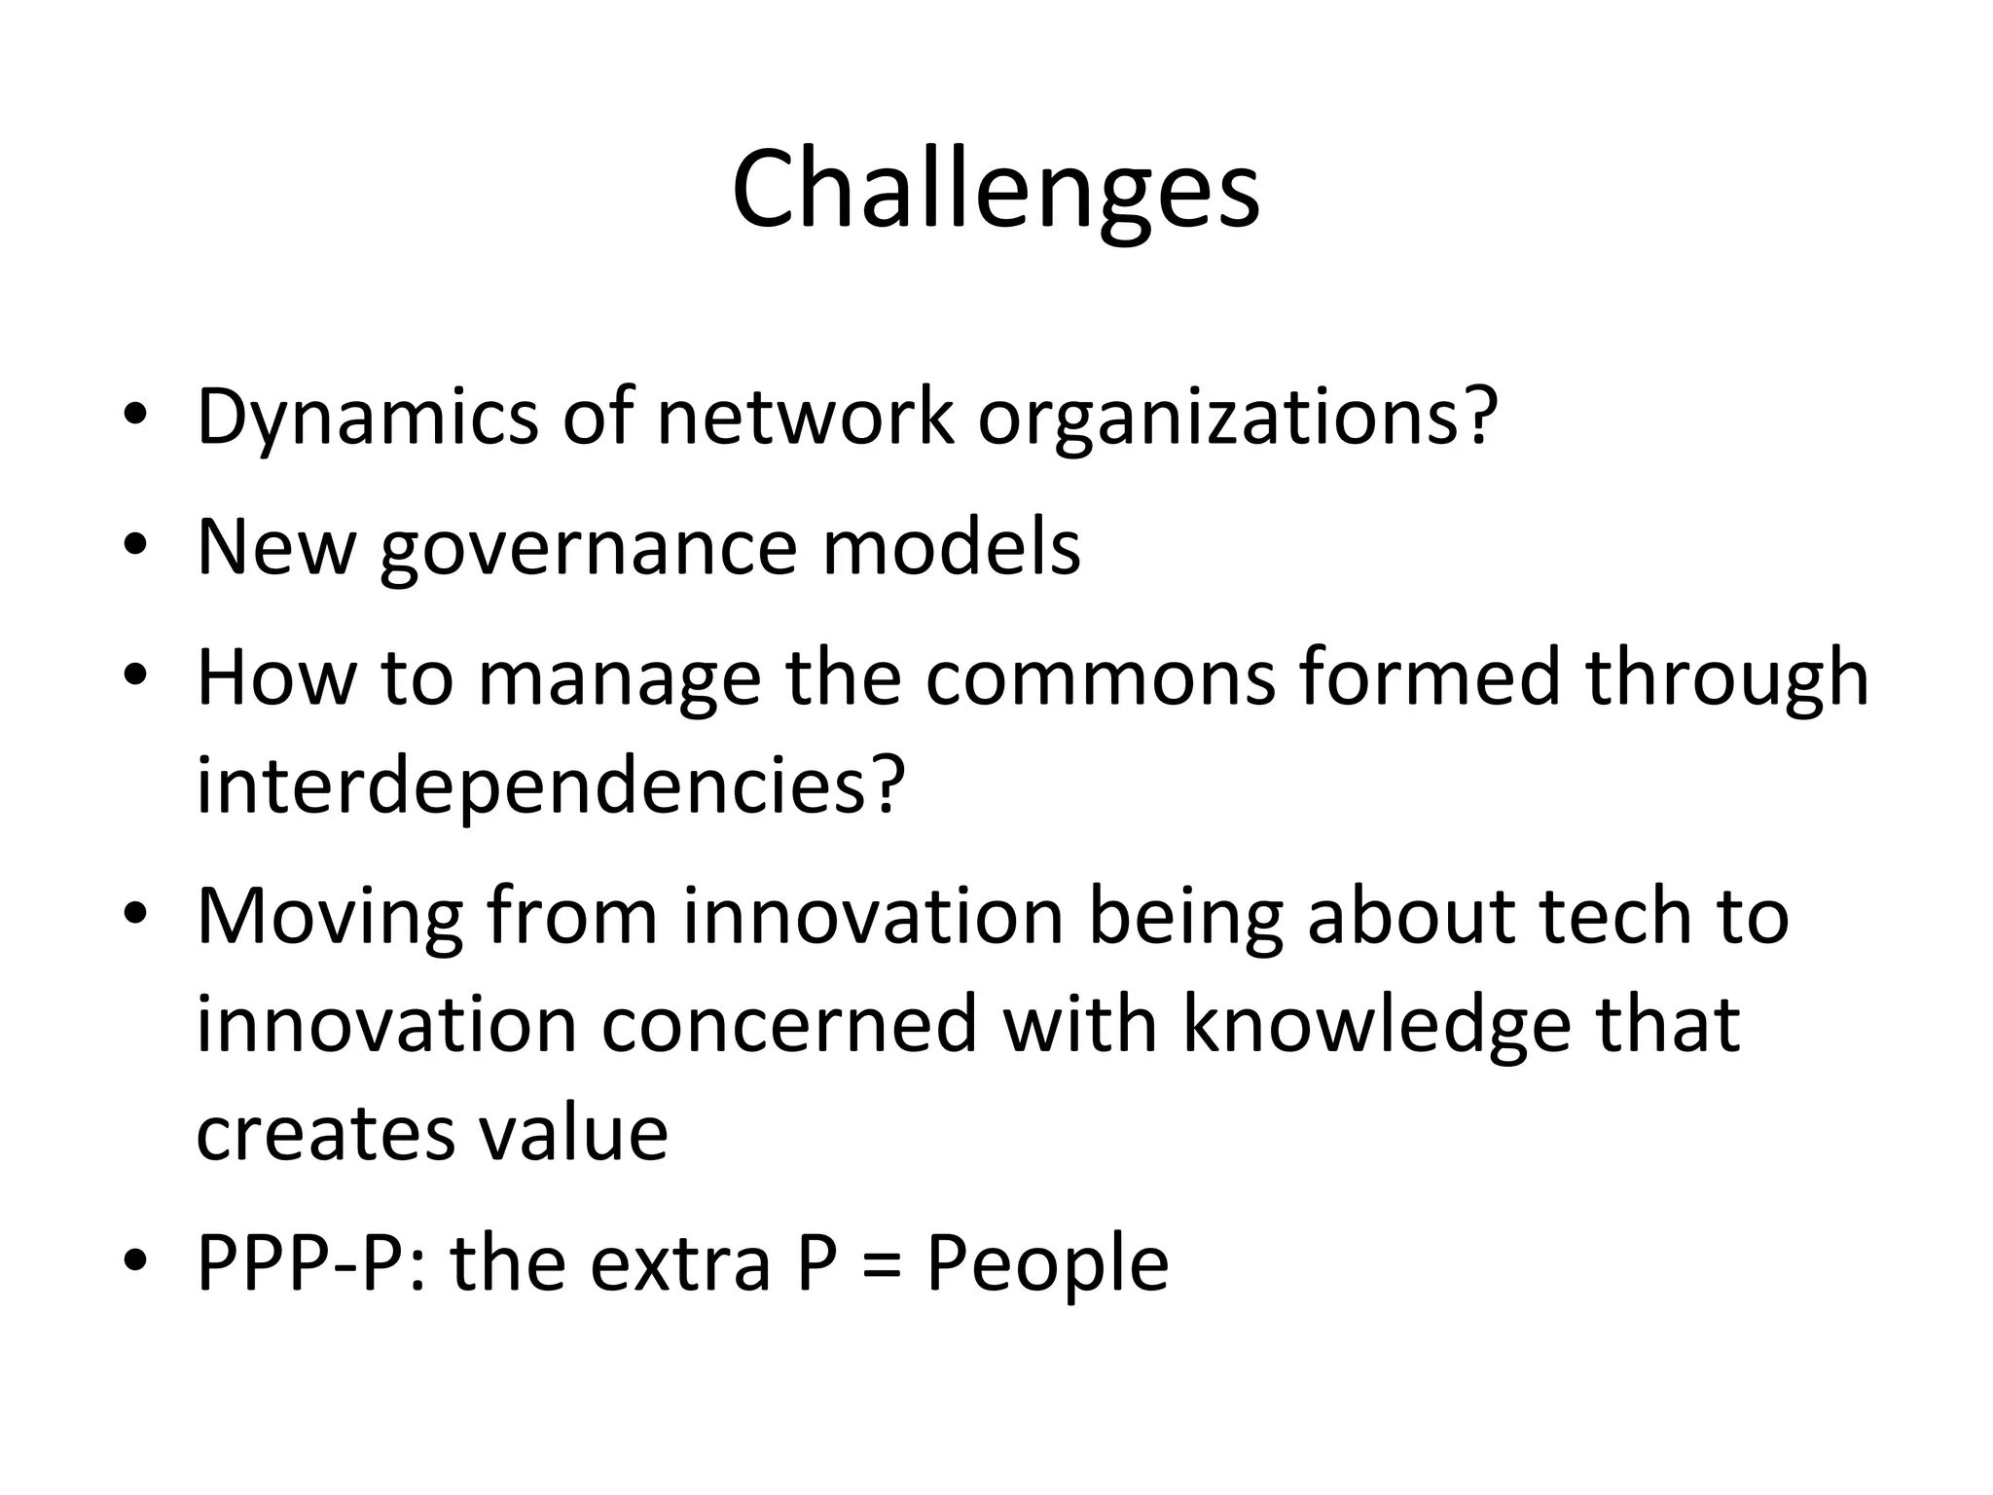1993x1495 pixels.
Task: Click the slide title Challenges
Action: click(x=996, y=190)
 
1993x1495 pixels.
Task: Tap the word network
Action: click(x=805, y=418)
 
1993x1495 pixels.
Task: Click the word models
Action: click(x=951, y=547)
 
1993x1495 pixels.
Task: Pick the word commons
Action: click(x=1100, y=677)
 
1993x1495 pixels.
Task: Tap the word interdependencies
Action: click(x=551, y=786)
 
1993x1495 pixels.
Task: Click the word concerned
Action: click(x=788, y=1026)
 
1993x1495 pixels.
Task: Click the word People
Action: click(x=1047, y=1264)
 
